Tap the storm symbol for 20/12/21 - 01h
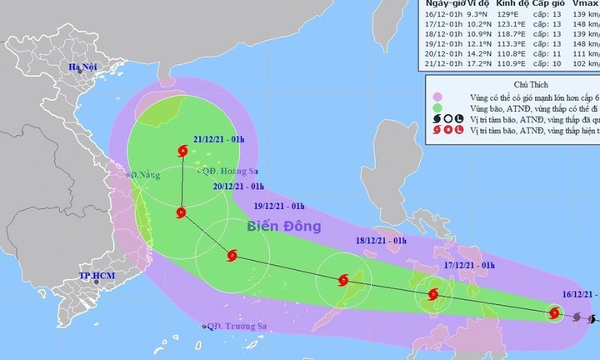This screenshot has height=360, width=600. (x=182, y=213)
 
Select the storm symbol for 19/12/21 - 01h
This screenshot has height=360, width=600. (x=232, y=257)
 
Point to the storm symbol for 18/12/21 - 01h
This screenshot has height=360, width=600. (x=342, y=281)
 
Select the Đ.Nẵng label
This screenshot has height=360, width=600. (x=144, y=175)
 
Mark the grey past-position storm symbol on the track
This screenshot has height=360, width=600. (x=577, y=317)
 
